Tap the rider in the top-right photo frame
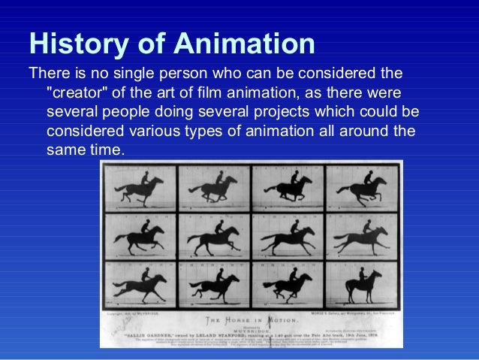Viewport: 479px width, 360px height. point(367,180)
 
